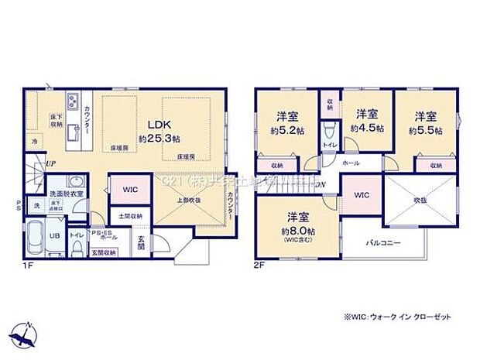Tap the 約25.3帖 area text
(x=160, y=138)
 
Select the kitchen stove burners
(x=72, y=101)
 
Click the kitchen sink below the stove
(x=71, y=129)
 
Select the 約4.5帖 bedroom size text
(x=369, y=129)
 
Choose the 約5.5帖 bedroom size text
(x=427, y=130)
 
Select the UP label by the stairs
(x=50, y=164)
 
